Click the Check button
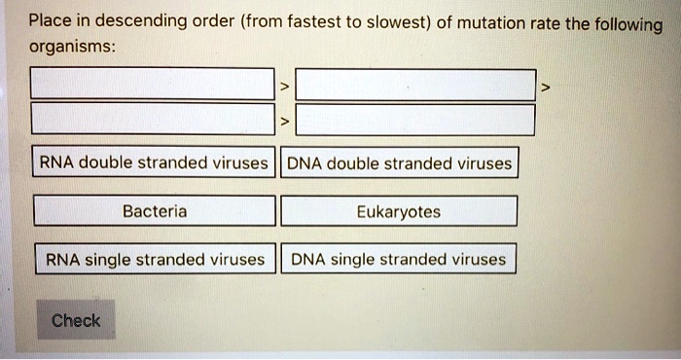76,320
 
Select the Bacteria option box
155,211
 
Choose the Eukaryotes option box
398,211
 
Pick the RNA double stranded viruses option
152,162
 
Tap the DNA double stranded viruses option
399,163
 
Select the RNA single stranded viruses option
154,260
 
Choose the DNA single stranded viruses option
398,260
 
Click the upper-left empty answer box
152,86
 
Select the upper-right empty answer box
415,86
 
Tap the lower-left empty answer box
152,121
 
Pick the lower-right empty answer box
415,121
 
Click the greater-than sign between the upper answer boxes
284,88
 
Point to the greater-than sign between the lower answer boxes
284,122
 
